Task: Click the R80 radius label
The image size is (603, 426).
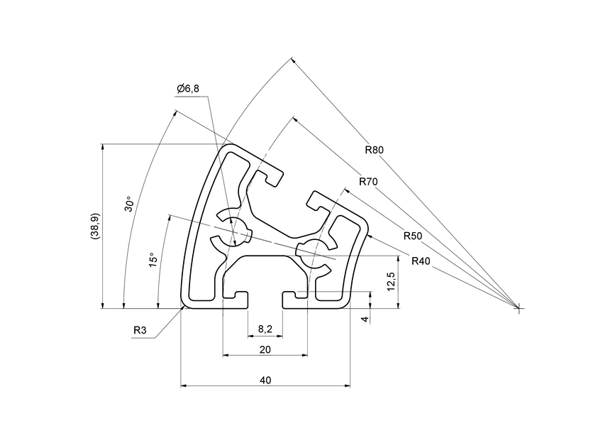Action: (x=374, y=150)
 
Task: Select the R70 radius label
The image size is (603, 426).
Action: (x=367, y=182)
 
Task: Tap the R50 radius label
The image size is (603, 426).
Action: (x=412, y=236)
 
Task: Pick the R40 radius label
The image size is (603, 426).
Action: (x=421, y=261)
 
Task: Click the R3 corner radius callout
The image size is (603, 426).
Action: (x=140, y=330)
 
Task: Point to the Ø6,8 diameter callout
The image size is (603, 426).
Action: (x=188, y=88)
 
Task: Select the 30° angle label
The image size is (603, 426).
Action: (x=128, y=204)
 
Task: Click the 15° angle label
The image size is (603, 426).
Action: (x=152, y=261)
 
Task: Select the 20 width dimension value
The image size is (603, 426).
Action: (x=265, y=349)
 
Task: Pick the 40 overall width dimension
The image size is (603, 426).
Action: (x=265, y=381)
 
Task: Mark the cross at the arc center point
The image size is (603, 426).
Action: (x=519, y=308)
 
